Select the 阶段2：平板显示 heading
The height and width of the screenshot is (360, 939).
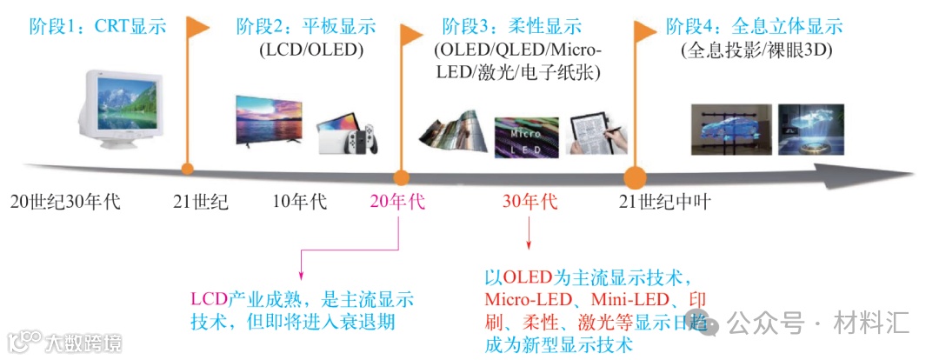[x=306, y=27]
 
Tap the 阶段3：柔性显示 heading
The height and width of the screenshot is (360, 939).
[x=512, y=27]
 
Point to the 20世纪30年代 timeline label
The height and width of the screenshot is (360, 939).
[x=66, y=203]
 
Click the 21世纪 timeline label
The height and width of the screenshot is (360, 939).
[x=201, y=203]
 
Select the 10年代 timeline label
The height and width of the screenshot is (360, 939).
[x=300, y=203]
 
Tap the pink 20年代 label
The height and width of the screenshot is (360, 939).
[x=397, y=203]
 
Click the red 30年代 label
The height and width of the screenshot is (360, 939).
[x=529, y=203]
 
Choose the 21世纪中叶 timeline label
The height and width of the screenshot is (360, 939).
[x=666, y=203]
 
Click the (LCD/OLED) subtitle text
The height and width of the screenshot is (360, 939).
[x=310, y=50]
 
